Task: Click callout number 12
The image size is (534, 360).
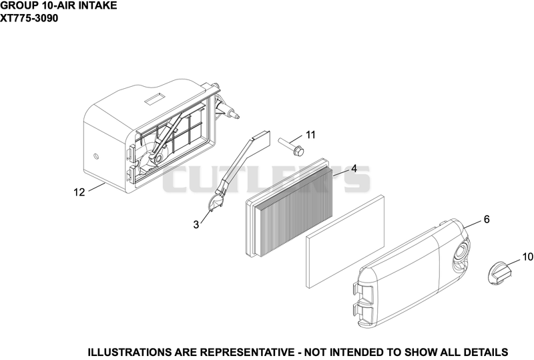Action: pos(79,192)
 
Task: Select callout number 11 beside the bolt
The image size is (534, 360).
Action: pos(310,135)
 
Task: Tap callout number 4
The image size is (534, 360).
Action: pos(354,168)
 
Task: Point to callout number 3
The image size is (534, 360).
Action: pos(196,225)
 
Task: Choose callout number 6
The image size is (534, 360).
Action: pos(487,219)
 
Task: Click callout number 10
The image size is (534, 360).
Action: pos(527,256)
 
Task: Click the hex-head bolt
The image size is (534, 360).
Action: pos(291,146)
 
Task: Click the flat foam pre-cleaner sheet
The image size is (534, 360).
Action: pos(345,242)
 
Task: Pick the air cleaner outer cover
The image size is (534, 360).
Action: pos(411,272)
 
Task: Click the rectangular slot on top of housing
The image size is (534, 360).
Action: pos(155,99)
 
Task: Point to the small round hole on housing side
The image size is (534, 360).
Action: pos(95,156)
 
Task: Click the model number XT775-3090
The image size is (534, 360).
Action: pos(29,18)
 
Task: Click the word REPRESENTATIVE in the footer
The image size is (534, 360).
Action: pos(247,352)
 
